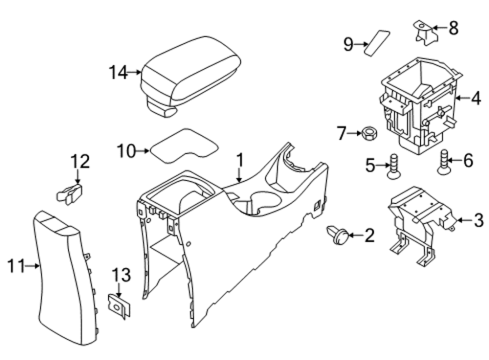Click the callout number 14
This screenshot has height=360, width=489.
(x=118, y=72)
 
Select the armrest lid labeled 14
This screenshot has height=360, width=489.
(x=190, y=76)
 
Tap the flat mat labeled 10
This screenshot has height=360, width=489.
(x=184, y=146)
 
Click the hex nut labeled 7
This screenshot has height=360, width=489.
(x=370, y=134)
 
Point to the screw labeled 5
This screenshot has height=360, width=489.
(x=394, y=167)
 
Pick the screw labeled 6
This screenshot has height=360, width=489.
(x=444, y=162)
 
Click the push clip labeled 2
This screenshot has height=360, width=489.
(x=337, y=235)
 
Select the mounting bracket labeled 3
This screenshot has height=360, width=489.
(x=419, y=225)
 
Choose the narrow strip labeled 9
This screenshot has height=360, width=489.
(x=377, y=43)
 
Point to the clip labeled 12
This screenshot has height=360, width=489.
(x=70, y=194)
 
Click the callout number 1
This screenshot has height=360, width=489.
(x=240, y=161)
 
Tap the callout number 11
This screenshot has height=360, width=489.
(x=16, y=266)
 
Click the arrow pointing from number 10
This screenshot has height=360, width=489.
(x=143, y=151)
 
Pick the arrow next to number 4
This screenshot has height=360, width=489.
(x=462, y=98)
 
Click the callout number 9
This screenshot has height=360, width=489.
(x=348, y=45)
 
